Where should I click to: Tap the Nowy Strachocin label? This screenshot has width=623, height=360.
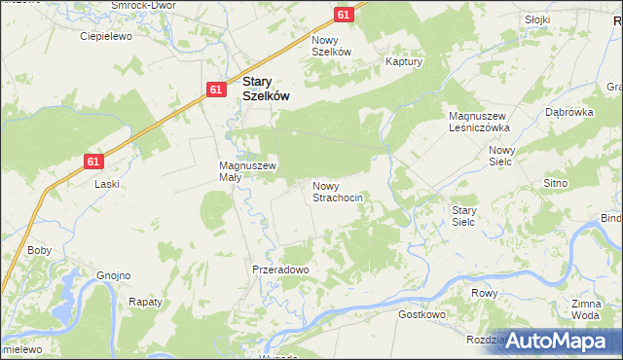coord(338,191)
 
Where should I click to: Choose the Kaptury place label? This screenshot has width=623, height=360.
coord(402,60)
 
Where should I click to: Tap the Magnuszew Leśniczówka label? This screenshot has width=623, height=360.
coord(479,122)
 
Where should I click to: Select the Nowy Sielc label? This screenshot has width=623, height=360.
coord(501,156)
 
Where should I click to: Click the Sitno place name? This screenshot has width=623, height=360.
coord(555,183)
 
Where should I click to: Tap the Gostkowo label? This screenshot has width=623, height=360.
coord(421,315)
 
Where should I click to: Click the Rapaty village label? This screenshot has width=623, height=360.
coord(145,302)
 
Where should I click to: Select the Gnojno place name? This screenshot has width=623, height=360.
coord(113,275)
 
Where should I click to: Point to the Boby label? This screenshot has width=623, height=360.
coord(39,250)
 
